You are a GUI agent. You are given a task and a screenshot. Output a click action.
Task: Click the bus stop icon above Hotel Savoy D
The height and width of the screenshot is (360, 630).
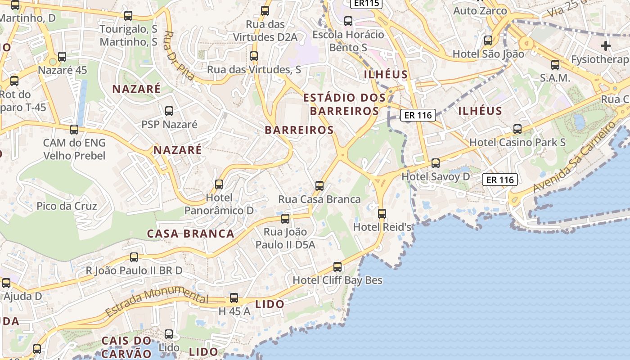[x=435, y=163]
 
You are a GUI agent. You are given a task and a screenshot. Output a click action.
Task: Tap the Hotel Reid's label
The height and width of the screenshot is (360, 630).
[x=382, y=227]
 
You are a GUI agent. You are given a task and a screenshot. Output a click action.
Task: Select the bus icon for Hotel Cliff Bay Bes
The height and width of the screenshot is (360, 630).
[x=337, y=267]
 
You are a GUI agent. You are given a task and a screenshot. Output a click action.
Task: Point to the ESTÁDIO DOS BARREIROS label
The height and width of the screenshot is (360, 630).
[x=345, y=104]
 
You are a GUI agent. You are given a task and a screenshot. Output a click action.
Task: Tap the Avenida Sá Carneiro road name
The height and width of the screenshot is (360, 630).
[x=573, y=158]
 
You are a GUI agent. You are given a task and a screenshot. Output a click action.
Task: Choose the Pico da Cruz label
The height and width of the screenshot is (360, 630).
[x=67, y=206]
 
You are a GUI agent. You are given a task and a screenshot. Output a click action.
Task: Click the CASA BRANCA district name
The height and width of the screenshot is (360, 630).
[x=191, y=234]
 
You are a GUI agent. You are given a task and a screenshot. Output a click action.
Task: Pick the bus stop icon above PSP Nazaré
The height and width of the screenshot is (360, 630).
[x=169, y=111]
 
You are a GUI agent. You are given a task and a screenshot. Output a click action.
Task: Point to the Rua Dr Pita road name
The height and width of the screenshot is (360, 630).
[x=179, y=55]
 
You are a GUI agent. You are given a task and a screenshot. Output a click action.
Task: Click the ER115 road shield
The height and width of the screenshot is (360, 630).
[x=366, y=3]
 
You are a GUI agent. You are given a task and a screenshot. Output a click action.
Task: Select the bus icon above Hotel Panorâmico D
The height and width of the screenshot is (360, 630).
[x=219, y=184]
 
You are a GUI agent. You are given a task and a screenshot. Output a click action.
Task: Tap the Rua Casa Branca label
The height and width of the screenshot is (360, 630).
[x=319, y=199]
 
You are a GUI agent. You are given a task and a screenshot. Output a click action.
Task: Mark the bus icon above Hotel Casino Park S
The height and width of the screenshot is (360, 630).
[x=517, y=129]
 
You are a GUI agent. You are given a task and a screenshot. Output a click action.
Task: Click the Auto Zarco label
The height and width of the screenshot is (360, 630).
[x=480, y=11]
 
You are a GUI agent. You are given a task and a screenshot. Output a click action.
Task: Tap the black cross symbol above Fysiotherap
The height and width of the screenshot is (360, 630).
[x=606, y=45]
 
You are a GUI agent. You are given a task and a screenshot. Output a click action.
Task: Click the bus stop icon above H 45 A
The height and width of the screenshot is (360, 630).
[x=234, y=298]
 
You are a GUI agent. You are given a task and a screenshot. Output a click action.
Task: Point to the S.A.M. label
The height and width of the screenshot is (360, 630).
[x=555, y=78]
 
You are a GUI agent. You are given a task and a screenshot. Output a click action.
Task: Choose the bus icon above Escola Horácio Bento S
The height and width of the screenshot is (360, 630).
[x=348, y=21]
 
